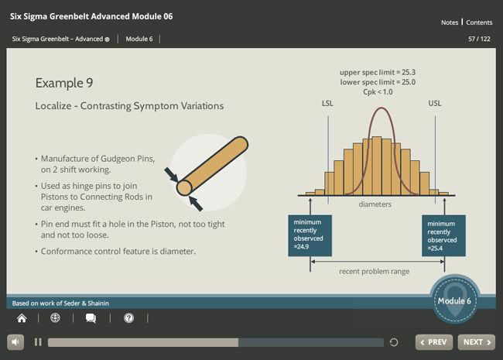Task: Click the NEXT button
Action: point(477,342)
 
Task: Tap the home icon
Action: point(22,318)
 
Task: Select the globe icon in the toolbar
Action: point(55,317)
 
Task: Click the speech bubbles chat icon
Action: point(91,318)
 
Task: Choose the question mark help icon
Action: point(129,318)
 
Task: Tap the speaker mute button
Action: point(15,342)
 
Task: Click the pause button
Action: point(38,342)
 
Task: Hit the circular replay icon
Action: point(394,342)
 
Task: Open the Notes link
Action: point(450,22)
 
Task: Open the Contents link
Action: point(479,22)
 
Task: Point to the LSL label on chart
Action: point(327,103)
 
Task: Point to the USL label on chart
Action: point(435,103)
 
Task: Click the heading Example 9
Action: point(64,83)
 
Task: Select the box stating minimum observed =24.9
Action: point(310,235)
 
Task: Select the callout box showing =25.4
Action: point(443,235)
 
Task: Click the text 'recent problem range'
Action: point(374,272)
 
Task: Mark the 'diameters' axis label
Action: point(375,204)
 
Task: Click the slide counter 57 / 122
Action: point(479,39)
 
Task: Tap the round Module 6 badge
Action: point(454,300)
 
